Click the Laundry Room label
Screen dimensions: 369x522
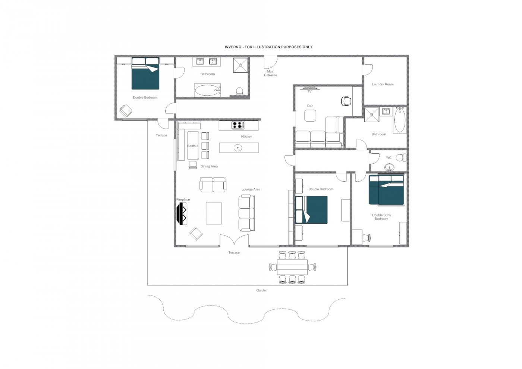383,84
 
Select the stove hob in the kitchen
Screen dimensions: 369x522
238,125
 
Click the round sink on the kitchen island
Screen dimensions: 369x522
238,148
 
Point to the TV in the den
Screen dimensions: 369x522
309,88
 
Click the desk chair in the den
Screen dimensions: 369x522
346,101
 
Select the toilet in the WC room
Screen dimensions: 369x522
401,158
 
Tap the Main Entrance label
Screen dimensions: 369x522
270,73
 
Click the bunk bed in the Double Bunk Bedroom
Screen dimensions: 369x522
386,190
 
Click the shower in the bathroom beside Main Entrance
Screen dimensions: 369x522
240,65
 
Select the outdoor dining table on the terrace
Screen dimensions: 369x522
292,267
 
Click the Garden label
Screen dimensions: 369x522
261,290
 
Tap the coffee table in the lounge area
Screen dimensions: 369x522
214,213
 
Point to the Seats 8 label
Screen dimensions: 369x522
192,146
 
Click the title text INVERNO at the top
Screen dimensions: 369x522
233,47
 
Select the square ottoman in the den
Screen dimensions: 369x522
310,116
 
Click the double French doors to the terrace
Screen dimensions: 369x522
234,241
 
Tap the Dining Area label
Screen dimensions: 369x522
209,167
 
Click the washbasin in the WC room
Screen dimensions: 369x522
389,167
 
